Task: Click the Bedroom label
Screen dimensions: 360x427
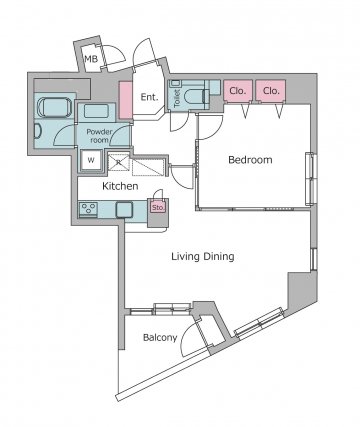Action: click(250, 160)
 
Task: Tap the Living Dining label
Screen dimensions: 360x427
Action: click(203, 256)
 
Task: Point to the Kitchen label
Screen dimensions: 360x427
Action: click(120, 186)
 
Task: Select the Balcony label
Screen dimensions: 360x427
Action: click(160, 338)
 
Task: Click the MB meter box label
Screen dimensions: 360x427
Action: click(91, 59)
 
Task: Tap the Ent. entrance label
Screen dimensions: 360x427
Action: click(149, 97)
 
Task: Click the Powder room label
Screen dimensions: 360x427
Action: click(99, 136)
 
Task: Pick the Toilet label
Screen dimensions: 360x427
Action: click(177, 98)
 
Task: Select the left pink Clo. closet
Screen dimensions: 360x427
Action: click(238, 90)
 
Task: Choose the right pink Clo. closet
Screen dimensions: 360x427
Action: click(271, 90)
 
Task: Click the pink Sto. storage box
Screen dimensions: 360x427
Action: click(158, 207)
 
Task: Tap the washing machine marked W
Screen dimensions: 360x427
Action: click(91, 160)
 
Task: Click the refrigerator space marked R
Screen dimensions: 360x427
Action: click(119, 163)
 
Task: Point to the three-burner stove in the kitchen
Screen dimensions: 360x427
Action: click(88, 209)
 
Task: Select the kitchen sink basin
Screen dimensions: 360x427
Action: click(124, 210)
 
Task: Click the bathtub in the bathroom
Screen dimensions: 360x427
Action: click(54, 107)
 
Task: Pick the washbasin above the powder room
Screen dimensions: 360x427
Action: click(96, 112)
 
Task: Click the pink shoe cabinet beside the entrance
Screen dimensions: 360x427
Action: click(126, 100)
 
